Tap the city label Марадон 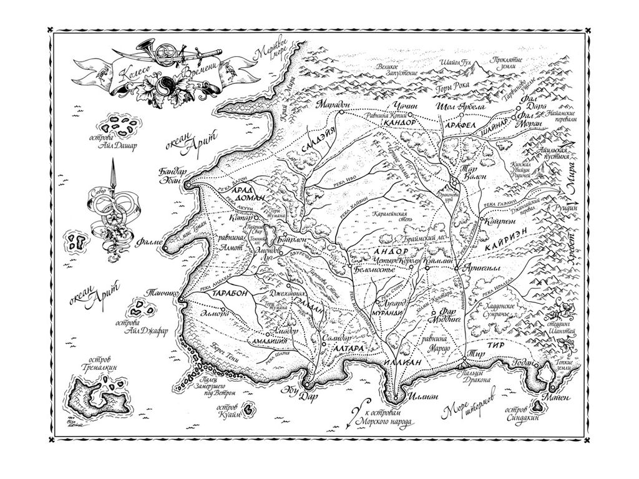(334, 104)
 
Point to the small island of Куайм (249, 410)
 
